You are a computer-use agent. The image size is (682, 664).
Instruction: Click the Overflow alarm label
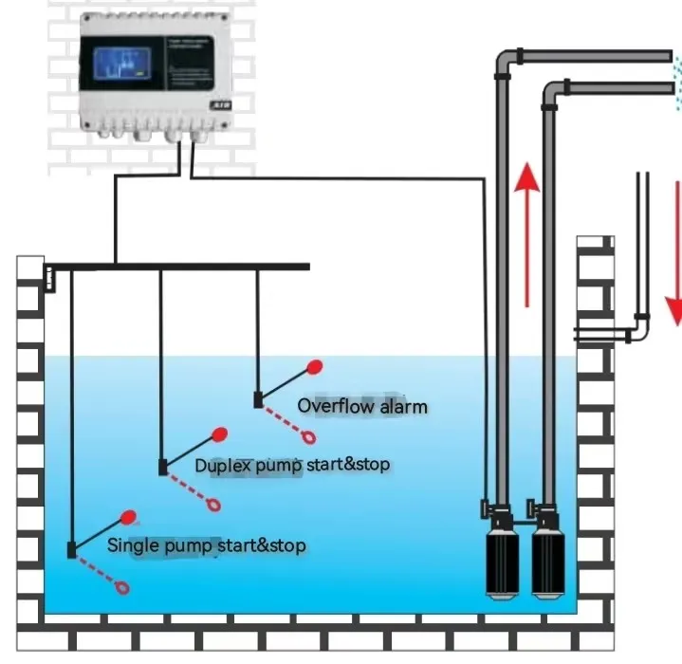click(362, 406)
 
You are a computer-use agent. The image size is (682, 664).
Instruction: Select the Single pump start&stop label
click(206, 545)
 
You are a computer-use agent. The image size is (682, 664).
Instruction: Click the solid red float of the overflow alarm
click(315, 366)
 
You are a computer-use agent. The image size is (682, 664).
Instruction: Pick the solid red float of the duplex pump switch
click(220, 435)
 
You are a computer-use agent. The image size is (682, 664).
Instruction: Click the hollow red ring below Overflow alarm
click(309, 436)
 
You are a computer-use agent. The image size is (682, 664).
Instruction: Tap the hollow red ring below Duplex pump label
click(217, 505)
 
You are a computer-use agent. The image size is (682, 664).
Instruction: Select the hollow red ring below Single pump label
click(122, 588)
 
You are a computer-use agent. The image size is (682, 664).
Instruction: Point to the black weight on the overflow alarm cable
click(257, 399)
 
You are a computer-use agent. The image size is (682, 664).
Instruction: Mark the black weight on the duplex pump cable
click(163, 467)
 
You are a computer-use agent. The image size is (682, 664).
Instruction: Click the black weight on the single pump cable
click(72, 549)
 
